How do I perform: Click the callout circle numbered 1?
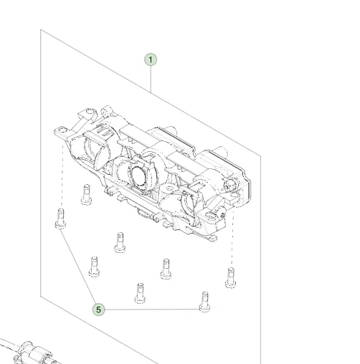[x=151, y=59]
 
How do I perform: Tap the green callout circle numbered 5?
[x=98, y=310]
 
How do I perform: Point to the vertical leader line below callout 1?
[x=151, y=80]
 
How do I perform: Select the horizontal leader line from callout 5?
[x=152, y=310]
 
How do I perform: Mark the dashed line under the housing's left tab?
[x=62, y=176]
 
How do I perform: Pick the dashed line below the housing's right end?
[x=232, y=239]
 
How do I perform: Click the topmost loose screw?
[x=86, y=194]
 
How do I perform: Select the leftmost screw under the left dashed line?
[x=60, y=219]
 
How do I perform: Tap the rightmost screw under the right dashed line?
[x=230, y=277]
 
